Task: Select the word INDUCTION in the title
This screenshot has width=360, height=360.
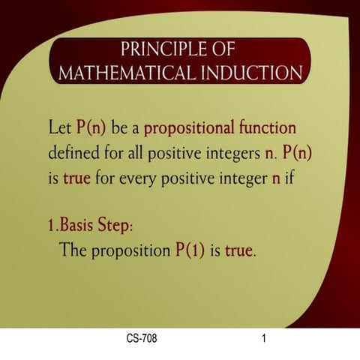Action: click(x=244, y=73)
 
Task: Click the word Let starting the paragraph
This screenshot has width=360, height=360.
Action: click(x=59, y=128)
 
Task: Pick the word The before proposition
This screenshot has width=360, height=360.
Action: click(x=74, y=250)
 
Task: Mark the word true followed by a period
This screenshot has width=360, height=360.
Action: click(x=238, y=250)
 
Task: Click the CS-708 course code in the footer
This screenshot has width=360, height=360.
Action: click(x=142, y=339)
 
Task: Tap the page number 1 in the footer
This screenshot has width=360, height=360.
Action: click(x=264, y=339)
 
